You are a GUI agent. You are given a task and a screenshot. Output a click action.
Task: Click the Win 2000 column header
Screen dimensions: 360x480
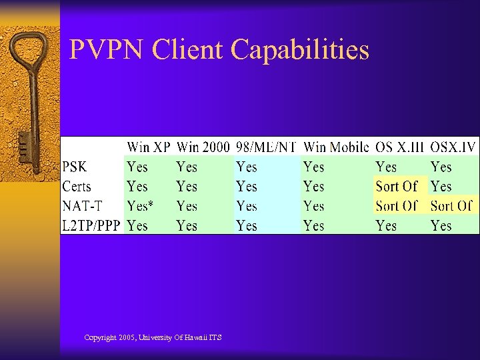pos(203,147)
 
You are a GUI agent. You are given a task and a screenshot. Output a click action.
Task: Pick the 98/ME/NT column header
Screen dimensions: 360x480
pos(265,147)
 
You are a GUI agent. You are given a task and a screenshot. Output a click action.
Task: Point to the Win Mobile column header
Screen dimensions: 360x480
pos(335,147)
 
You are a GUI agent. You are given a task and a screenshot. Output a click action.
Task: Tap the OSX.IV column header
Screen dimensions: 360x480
pos(452,147)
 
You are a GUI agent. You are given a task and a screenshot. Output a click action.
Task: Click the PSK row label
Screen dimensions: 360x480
pos(75,167)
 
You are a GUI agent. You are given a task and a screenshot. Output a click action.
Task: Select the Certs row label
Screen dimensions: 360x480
pos(77,187)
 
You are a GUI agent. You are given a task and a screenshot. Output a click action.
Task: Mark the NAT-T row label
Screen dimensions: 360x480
pos(82,206)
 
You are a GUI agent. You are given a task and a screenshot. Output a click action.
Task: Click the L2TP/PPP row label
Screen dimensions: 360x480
pos(91,226)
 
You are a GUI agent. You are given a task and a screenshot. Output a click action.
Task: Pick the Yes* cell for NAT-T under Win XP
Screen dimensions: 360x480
pos(140,206)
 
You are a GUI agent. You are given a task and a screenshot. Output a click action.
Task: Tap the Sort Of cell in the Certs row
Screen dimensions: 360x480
pos(396,187)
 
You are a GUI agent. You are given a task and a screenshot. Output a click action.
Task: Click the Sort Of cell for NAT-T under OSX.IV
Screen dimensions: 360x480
pos(451,206)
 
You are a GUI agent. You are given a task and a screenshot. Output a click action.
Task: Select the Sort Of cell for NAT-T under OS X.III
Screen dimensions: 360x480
pos(396,206)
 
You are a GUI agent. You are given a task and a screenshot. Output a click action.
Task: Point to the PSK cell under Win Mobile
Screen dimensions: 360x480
pos(313,167)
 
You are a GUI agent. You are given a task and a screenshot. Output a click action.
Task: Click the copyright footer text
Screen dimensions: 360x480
pos(153,338)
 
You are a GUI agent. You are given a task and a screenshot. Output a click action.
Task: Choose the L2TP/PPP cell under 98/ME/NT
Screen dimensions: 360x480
pos(246,226)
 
